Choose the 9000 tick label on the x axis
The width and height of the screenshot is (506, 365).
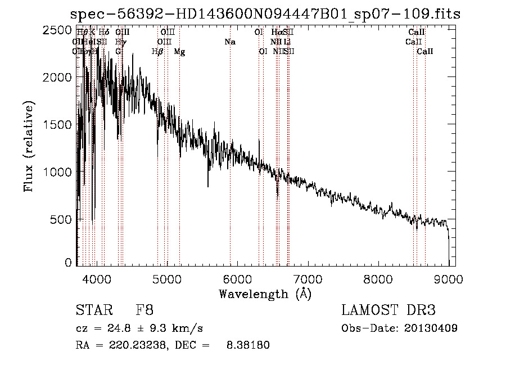coord(449,278)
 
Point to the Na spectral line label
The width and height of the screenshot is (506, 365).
coord(229,42)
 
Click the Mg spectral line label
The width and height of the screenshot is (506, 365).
coord(179,52)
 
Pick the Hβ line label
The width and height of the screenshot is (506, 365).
coord(157,52)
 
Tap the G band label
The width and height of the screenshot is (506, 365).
coord(118,52)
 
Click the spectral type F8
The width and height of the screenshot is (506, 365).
coord(144,310)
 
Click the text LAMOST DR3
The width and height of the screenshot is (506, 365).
coord(388,310)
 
